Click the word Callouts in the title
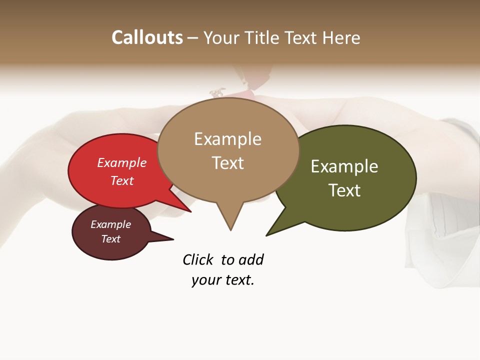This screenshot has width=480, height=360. (x=147, y=37)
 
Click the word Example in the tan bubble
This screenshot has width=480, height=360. (x=227, y=139)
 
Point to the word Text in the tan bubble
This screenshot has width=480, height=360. (x=227, y=163)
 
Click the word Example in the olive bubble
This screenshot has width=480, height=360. (x=344, y=166)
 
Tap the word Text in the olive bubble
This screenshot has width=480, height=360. (x=344, y=190)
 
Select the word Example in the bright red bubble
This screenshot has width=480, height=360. (x=122, y=162)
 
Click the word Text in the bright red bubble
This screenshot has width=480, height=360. (x=122, y=180)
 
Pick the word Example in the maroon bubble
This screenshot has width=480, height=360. (x=110, y=224)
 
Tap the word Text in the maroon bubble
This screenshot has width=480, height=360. (x=110, y=239)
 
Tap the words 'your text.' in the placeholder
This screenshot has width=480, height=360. (x=223, y=280)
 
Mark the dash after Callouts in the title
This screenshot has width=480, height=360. (x=193, y=38)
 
